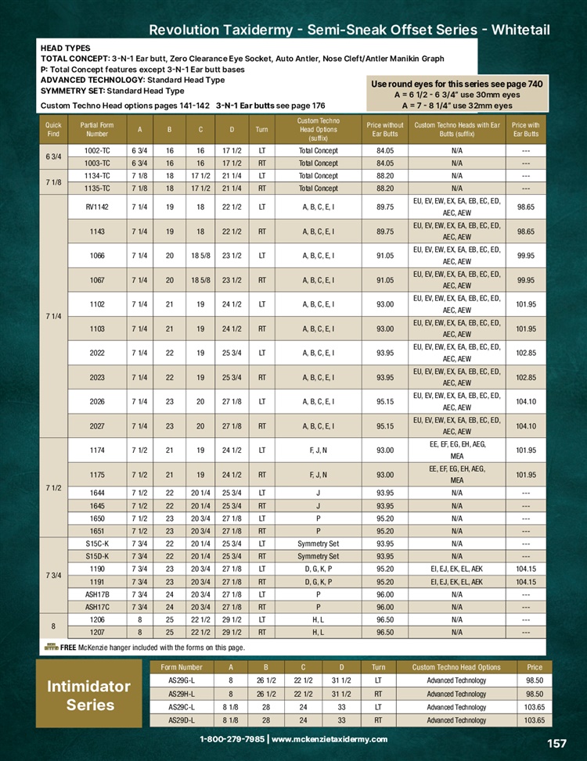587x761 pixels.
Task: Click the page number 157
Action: point(556,744)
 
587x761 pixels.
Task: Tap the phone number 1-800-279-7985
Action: point(232,739)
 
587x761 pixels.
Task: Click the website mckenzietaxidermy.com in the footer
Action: point(330,739)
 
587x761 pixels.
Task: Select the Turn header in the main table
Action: point(261,128)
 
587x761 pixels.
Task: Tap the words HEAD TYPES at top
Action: point(65,48)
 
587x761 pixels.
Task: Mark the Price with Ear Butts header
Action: point(525,128)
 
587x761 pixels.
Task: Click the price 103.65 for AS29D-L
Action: point(535,720)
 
